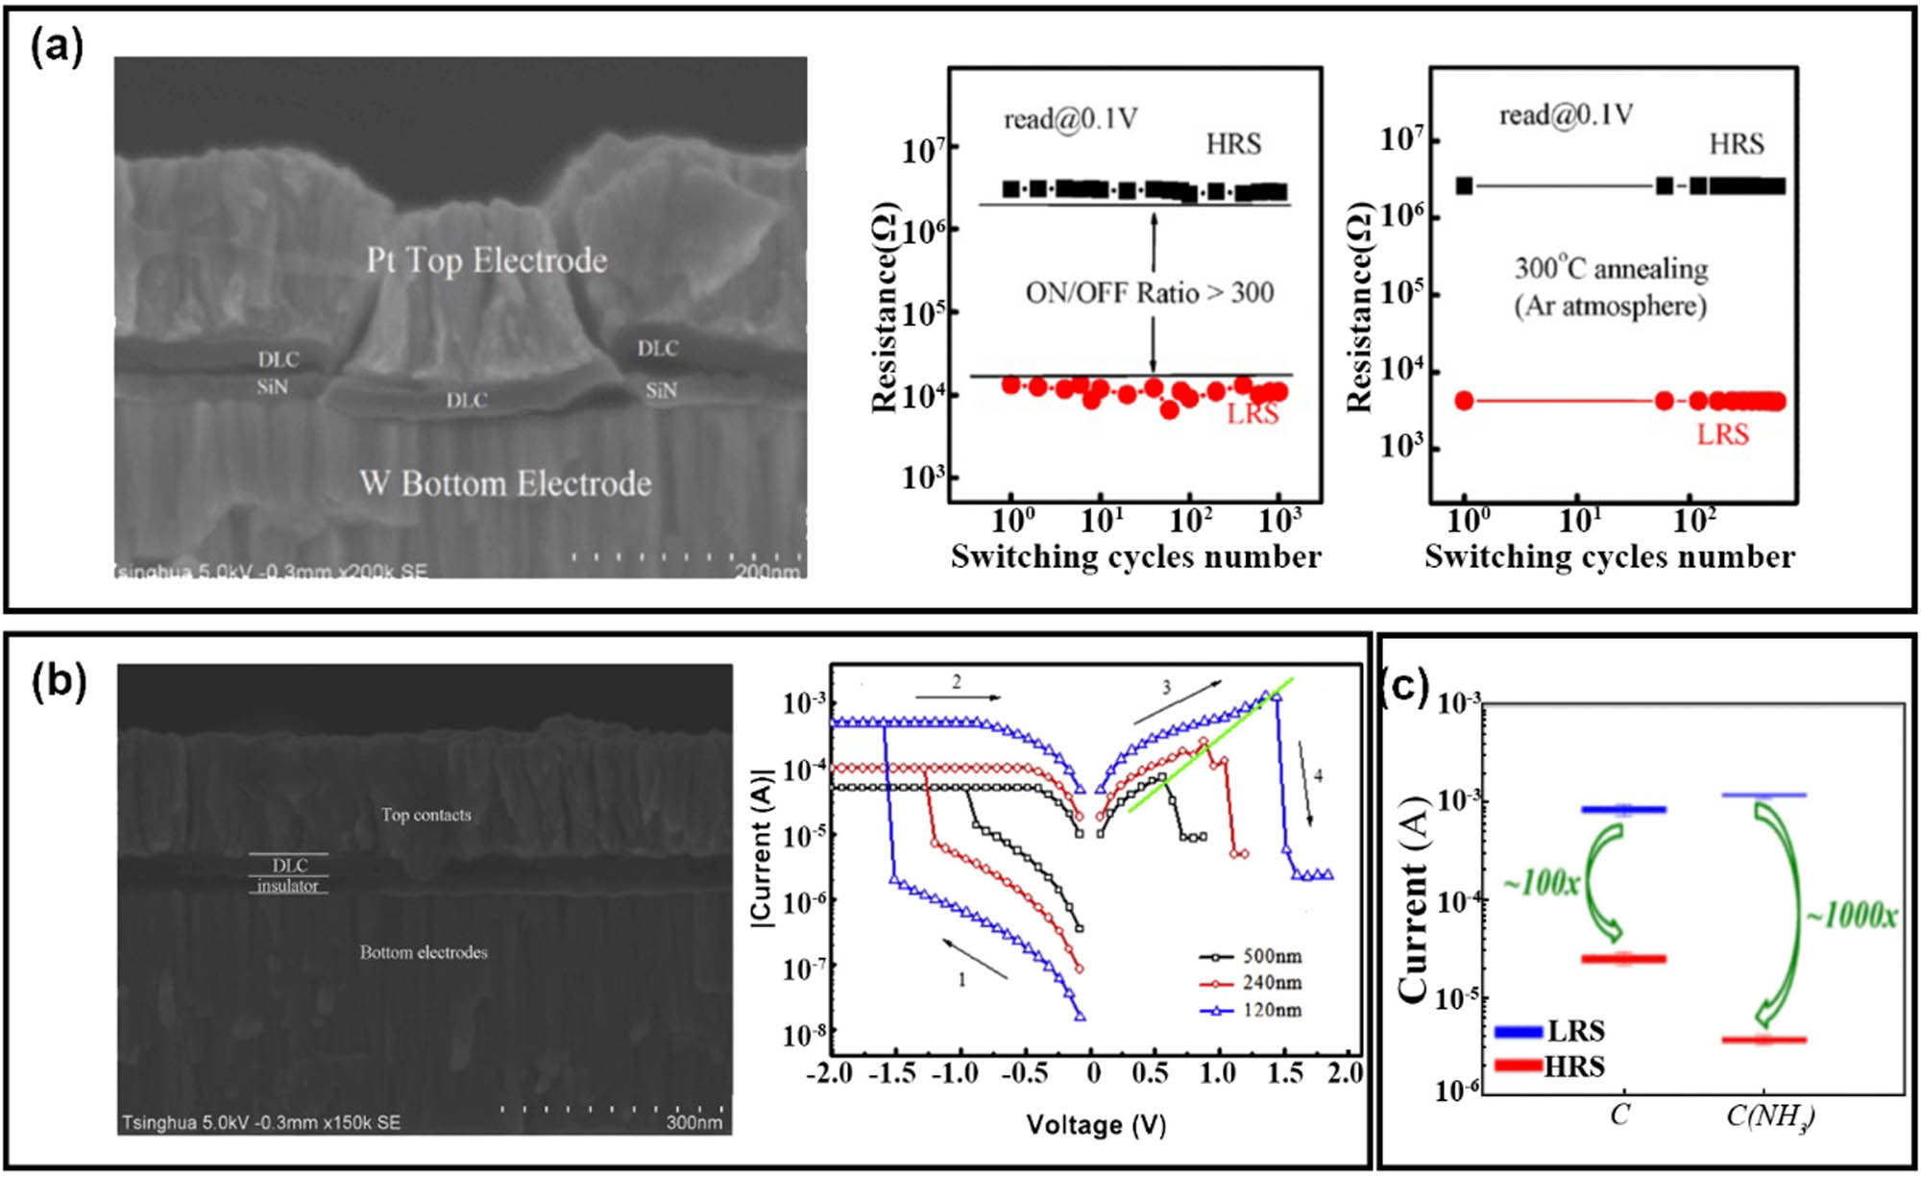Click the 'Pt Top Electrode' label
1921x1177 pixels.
click(x=486, y=260)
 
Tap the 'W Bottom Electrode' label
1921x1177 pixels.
click(x=505, y=483)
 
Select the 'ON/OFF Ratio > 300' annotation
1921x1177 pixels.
click(x=1150, y=292)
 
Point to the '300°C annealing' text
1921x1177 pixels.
click(x=1611, y=268)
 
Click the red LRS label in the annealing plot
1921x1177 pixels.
click(x=1722, y=434)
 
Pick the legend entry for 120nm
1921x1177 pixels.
click(x=1252, y=1010)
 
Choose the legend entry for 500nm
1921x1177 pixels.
click(x=1252, y=956)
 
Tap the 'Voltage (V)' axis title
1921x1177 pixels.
click(x=1095, y=1124)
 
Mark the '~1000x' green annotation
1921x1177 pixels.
click(x=1851, y=916)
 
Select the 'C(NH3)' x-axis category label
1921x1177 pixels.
click(x=1769, y=1116)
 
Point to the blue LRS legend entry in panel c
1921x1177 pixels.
click(x=1549, y=1031)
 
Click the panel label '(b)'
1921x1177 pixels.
click(x=59, y=681)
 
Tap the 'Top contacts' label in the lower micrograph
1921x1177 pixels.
click(x=426, y=815)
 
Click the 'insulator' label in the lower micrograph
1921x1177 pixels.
click(x=287, y=886)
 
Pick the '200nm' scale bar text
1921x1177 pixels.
click(x=766, y=573)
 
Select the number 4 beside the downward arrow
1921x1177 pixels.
click(x=1318, y=775)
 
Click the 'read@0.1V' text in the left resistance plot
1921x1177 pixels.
click(x=1070, y=119)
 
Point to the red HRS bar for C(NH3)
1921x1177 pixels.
click(x=1763, y=1040)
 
